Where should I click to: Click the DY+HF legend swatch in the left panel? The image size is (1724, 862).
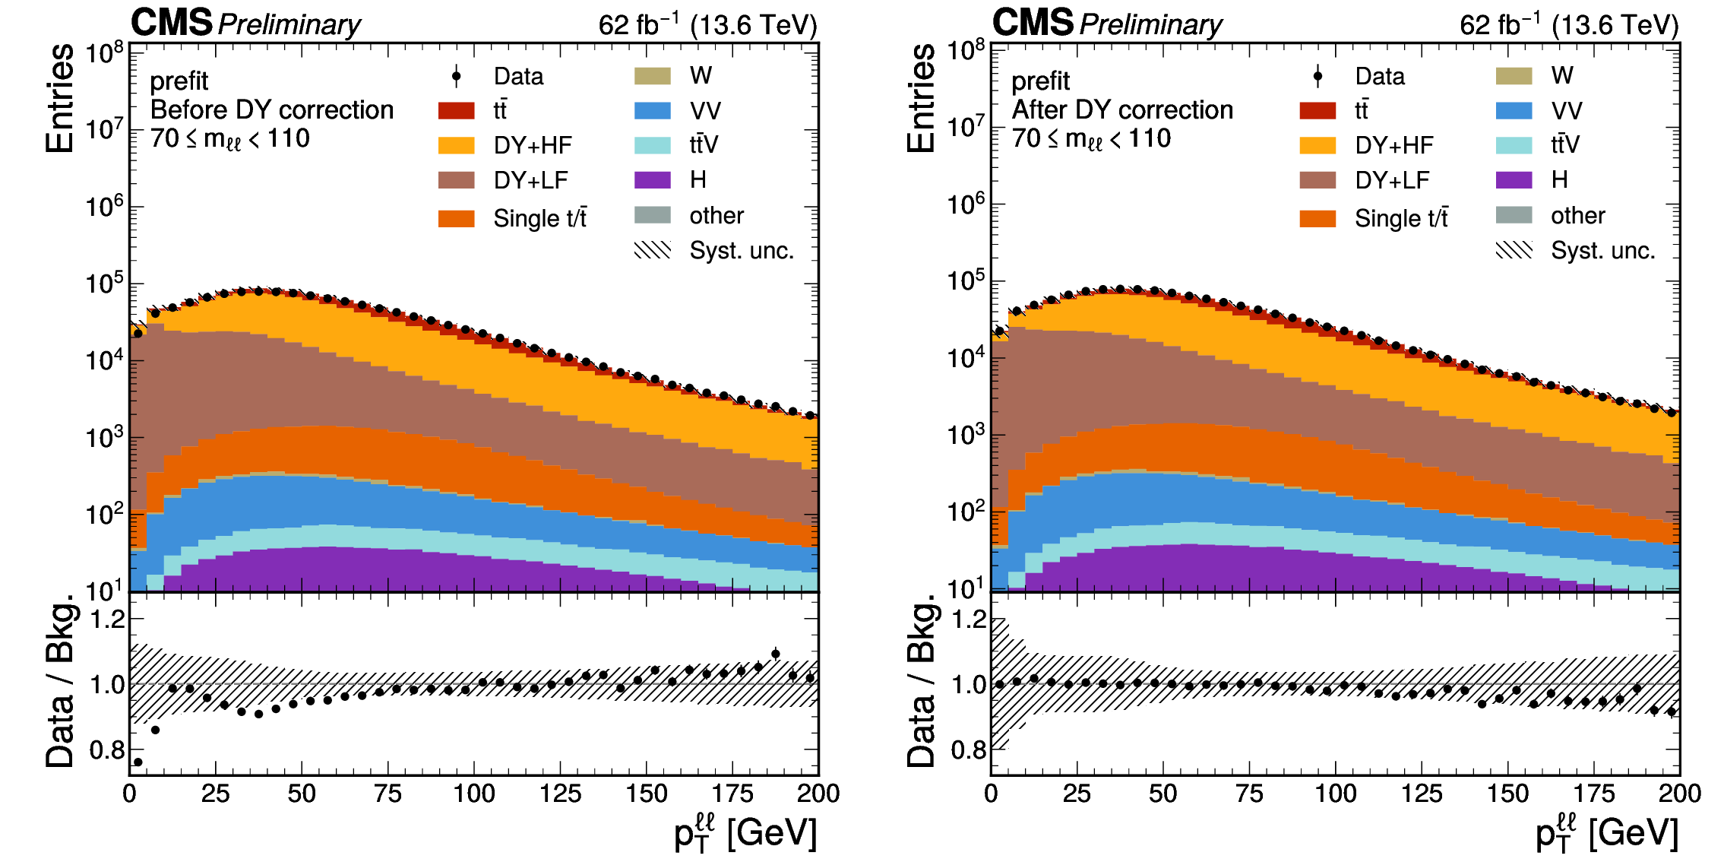tap(456, 145)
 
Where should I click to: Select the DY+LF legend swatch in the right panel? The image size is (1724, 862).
tap(1318, 180)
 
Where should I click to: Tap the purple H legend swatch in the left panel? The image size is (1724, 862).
tap(652, 180)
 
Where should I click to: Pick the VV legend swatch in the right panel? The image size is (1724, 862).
tap(1514, 111)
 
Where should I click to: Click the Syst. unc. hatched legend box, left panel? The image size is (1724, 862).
tap(652, 250)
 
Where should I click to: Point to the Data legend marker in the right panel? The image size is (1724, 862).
tap(1318, 76)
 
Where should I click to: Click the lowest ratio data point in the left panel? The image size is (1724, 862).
tap(138, 762)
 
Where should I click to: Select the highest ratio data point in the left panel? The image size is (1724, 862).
tap(775, 654)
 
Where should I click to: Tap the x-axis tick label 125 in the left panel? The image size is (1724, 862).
tap(560, 794)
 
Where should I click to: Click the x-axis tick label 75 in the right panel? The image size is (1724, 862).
tap(1249, 794)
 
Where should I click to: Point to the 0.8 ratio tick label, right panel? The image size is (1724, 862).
tap(968, 750)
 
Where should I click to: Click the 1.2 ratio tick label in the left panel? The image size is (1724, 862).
tap(107, 620)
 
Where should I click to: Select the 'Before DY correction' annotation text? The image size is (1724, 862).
tap(272, 110)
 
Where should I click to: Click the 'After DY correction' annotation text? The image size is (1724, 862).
tap(1122, 110)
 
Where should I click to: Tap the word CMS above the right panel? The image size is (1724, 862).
tap(1033, 23)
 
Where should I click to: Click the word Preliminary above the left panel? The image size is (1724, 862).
tap(289, 25)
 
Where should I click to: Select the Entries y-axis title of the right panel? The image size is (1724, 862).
tap(921, 99)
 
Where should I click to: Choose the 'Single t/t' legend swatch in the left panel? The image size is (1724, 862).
tap(456, 219)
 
